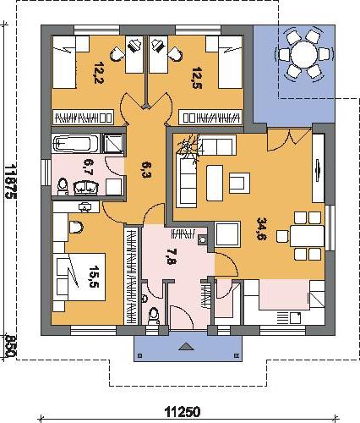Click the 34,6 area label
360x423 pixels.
261,228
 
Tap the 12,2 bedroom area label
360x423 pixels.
99,73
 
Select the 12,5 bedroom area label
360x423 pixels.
197,78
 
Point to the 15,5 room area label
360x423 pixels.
94,277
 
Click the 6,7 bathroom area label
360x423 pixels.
90,167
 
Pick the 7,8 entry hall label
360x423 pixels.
171,257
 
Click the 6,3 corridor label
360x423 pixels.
146,170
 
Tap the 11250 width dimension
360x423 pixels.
183,412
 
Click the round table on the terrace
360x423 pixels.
304,54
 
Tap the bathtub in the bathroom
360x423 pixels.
75,144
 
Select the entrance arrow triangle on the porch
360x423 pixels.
186,346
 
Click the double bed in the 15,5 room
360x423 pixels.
81,277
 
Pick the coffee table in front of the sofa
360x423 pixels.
215,183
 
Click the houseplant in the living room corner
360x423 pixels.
189,147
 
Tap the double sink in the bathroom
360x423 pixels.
86,188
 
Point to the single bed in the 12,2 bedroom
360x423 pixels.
64,62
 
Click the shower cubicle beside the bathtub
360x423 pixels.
113,144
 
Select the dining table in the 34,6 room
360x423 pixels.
308,236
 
